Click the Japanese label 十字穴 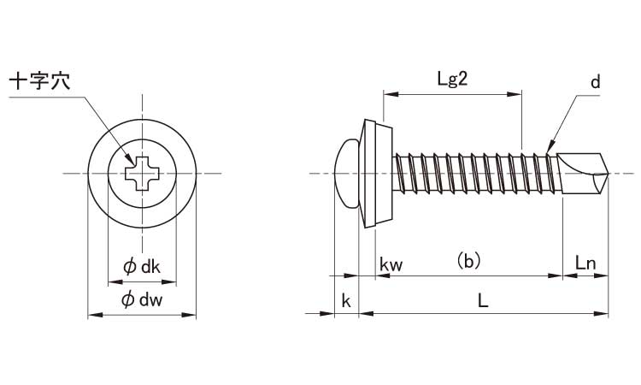click(39, 82)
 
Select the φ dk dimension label click(142, 266)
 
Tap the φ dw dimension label click(142, 300)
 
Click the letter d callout click(595, 82)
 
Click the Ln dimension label click(585, 264)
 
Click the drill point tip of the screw click(605, 175)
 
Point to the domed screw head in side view click(345, 175)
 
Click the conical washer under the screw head click(376, 175)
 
